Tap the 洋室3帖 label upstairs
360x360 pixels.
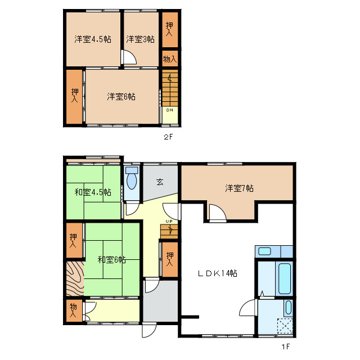click(x=141, y=39)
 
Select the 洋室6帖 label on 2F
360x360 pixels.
click(x=121, y=97)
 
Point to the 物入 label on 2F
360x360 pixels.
click(x=169, y=58)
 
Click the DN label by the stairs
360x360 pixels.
click(x=169, y=110)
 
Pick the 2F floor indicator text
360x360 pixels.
click(x=168, y=137)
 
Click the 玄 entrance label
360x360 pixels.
click(x=160, y=182)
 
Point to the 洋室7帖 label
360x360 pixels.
click(x=240, y=188)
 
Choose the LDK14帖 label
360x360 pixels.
click(x=217, y=273)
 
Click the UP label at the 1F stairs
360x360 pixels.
click(x=168, y=221)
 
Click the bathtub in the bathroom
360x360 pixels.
click(x=285, y=278)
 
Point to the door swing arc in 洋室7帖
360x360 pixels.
click(x=217, y=213)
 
